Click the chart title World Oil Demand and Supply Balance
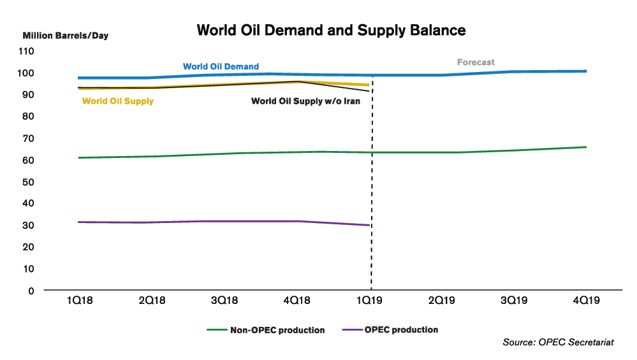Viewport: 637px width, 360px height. click(331, 30)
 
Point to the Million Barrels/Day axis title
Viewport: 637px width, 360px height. click(66, 36)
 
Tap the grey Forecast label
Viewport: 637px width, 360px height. click(476, 62)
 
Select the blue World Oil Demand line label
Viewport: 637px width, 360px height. click(221, 66)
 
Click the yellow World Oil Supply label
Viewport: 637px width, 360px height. click(118, 101)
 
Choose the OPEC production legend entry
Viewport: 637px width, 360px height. click(401, 330)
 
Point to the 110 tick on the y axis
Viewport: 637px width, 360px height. click(26, 51)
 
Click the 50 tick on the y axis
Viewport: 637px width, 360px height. click(28, 182)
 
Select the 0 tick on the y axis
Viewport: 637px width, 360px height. click(31, 291)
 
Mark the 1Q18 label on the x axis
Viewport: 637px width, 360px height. click(79, 301)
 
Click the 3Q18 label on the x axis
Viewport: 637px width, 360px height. click(224, 301)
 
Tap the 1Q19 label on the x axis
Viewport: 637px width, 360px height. click(370, 301)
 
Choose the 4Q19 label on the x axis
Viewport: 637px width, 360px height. click(586, 301)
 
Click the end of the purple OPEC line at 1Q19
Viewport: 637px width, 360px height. click(370, 225)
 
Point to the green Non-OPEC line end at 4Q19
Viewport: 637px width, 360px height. click(586, 147)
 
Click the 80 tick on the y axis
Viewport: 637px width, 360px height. click(28, 117)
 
